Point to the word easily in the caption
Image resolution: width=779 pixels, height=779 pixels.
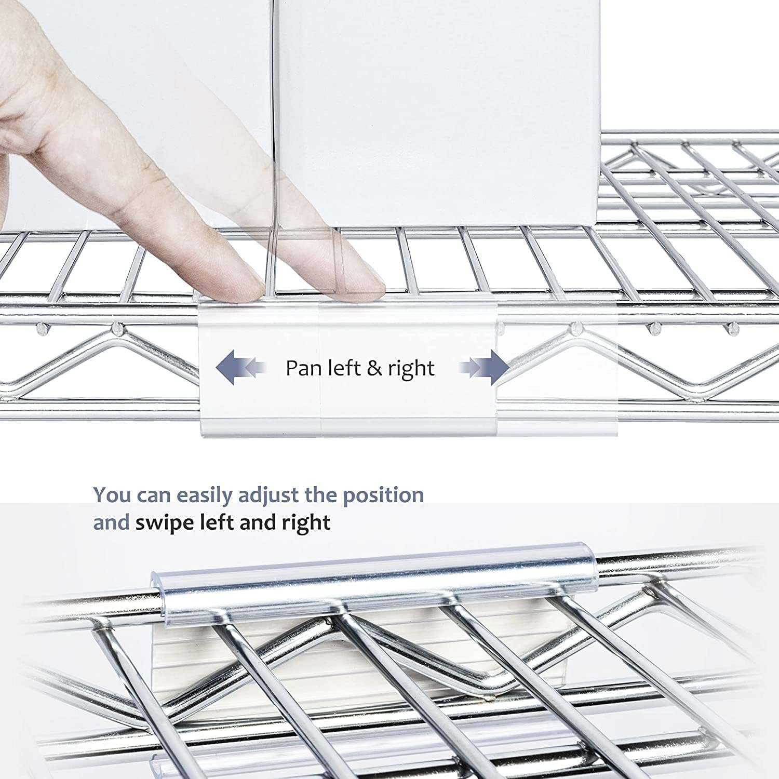[x=206, y=495]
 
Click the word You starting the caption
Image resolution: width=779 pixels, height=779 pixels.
[x=112, y=495]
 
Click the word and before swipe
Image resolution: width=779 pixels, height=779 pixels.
[x=111, y=522]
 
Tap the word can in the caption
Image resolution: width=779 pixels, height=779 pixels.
[x=154, y=495]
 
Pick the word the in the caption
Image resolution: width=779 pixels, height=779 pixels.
[x=321, y=495]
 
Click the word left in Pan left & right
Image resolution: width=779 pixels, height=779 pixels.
[x=345, y=368]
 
